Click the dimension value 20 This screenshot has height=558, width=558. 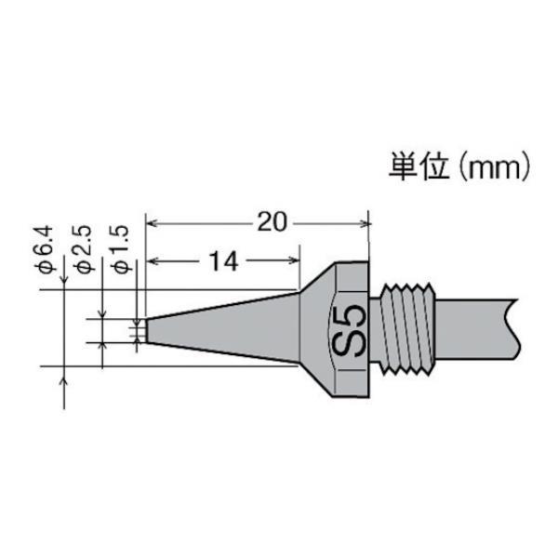tap(272, 222)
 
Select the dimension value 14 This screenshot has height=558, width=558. tap(223, 261)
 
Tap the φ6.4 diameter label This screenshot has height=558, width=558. tap(46, 249)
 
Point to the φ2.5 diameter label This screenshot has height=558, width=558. tap(85, 249)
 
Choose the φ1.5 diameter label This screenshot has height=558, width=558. tap(122, 249)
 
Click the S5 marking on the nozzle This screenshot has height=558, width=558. tap(350, 330)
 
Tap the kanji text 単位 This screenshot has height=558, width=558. tap(418, 166)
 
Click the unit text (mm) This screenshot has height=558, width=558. tap(495, 166)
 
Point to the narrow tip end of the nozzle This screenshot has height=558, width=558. tap(147, 330)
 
